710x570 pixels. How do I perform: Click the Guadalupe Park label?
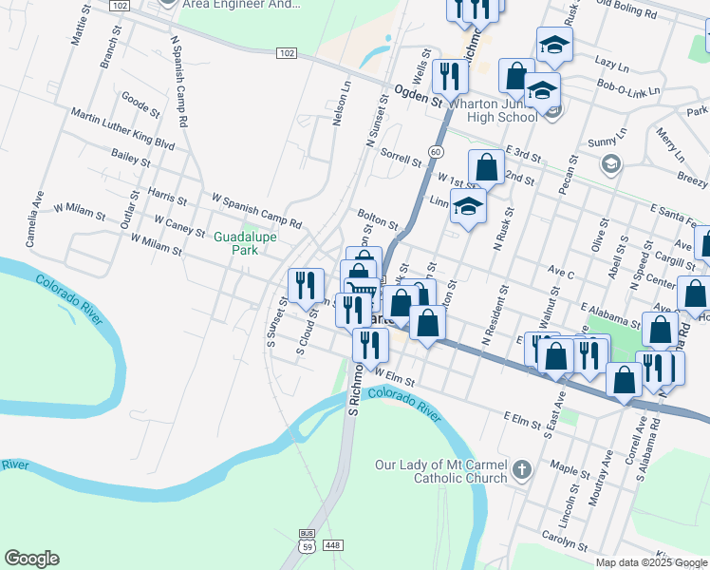[237, 242]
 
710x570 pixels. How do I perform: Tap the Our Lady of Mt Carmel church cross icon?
[520, 469]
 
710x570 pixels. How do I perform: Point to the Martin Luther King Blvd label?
[124, 129]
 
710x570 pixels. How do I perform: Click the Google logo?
[31, 559]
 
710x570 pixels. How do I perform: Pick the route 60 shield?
[434, 152]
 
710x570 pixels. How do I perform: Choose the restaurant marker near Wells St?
[449, 76]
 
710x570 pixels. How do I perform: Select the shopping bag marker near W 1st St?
[486, 167]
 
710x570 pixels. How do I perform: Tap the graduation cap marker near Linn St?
[468, 205]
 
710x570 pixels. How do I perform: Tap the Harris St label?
[167, 196]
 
